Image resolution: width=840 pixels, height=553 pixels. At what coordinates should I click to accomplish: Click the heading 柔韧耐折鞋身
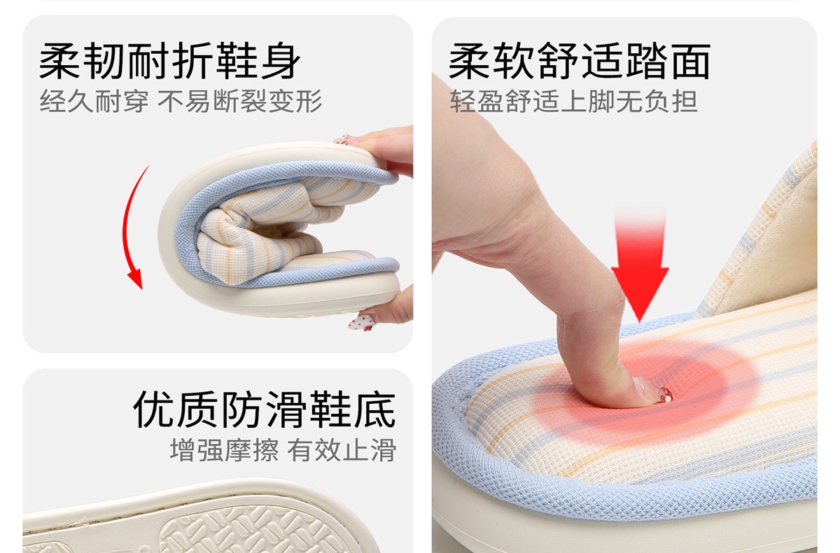coord(169,61)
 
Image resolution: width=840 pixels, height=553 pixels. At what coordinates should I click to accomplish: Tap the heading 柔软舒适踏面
coord(580,61)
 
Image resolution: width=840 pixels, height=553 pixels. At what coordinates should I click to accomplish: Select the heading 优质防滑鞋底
coord(265,409)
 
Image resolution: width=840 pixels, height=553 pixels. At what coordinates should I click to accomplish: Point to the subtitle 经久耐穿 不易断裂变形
coord(181,101)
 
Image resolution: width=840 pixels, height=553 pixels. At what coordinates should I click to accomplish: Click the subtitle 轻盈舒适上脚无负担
coord(574,101)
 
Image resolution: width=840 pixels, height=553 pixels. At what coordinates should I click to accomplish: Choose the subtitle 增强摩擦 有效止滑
coord(283,450)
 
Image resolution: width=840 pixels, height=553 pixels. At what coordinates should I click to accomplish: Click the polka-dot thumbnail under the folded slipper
coord(361,323)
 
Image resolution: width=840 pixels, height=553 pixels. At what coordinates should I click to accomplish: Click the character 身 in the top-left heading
coord(281,61)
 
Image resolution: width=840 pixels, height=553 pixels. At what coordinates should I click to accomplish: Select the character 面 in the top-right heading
coord(691,61)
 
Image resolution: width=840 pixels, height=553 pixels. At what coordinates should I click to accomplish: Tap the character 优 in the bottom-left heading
coord(153,409)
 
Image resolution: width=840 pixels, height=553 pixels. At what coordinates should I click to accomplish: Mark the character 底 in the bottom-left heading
coord(376,409)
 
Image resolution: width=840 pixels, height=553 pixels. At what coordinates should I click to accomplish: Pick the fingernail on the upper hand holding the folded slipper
coord(342,140)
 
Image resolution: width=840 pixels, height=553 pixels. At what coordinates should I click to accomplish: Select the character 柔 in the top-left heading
coord(59,61)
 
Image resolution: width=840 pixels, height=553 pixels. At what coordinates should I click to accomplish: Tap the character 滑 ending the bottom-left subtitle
coord(384,450)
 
